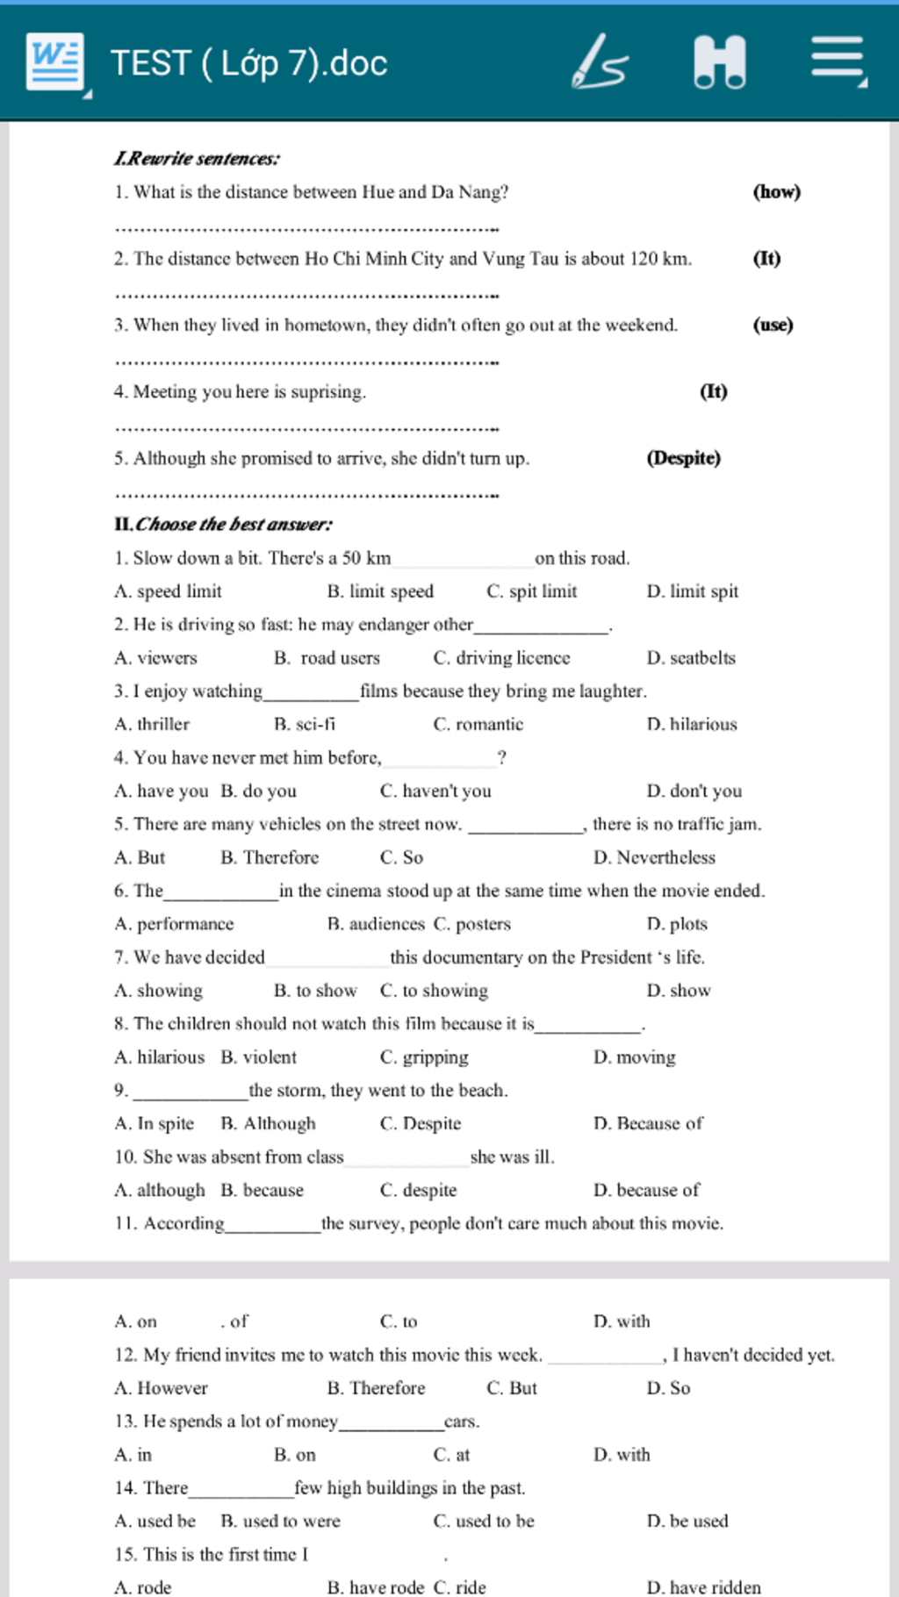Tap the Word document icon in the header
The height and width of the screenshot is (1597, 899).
(x=55, y=62)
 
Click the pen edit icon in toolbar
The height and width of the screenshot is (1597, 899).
(x=600, y=62)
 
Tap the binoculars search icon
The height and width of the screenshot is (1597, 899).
(x=719, y=62)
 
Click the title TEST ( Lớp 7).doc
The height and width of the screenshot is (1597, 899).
(x=248, y=63)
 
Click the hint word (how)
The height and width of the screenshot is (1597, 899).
(x=776, y=191)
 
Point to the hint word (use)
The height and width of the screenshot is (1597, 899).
(x=773, y=325)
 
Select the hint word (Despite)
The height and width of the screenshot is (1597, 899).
(x=683, y=458)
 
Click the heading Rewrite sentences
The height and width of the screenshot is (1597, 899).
(x=197, y=159)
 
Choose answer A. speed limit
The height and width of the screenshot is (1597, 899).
(x=168, y=591)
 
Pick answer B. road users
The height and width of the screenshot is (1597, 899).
(x=327, y=658)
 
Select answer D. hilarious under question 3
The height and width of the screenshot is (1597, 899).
(x=691, y=725)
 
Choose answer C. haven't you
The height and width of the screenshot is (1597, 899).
(x=435, y=791)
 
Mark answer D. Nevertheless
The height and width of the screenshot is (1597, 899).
(x=654, y=857)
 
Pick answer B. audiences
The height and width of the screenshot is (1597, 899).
(x=376, y=924)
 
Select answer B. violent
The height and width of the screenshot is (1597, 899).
(x=258, y=1057)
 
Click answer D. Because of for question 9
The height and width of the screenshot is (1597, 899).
(x=648, y=1124)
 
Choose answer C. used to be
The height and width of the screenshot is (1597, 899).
(x=484, y=1521)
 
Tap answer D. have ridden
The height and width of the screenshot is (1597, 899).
(x=703, y=1586)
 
